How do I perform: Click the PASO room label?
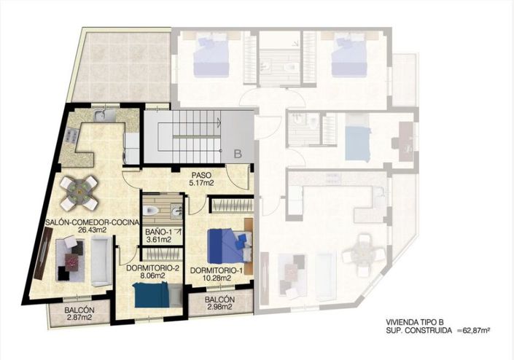pos(201,176)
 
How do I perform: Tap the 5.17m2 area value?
pos(201,184)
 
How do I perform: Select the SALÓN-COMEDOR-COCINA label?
pos(92,222)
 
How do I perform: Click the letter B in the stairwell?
pos(237,154)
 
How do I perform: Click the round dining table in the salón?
pos(77,192)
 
